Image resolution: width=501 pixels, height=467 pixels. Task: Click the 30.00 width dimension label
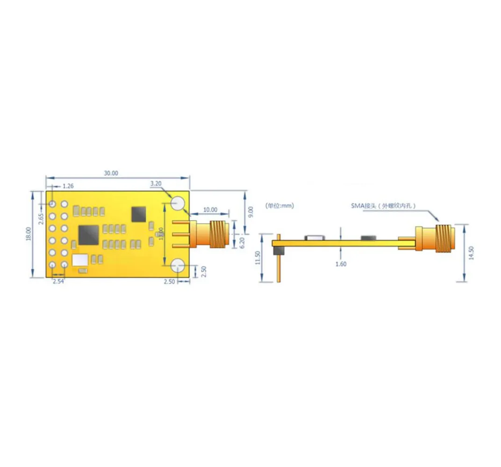tap(111, 173)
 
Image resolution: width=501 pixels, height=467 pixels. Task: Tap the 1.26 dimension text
tap(68, 186)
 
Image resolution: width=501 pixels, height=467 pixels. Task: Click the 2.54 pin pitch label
tap(58, 282)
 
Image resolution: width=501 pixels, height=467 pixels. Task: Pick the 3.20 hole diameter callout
tap(156, 184)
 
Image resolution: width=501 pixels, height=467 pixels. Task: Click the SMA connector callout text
tap(383, 205)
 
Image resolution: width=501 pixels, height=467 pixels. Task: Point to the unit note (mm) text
tap(279, 205)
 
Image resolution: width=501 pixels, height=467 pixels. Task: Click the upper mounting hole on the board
tap(178, 203)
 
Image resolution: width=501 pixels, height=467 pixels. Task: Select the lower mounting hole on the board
tap(178, 265)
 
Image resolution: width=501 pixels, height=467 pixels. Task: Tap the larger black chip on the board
tap(89, 235)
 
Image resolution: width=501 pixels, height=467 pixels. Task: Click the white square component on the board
tap(80, 260)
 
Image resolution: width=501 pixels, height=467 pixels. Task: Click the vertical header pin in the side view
tap(279, 266)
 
